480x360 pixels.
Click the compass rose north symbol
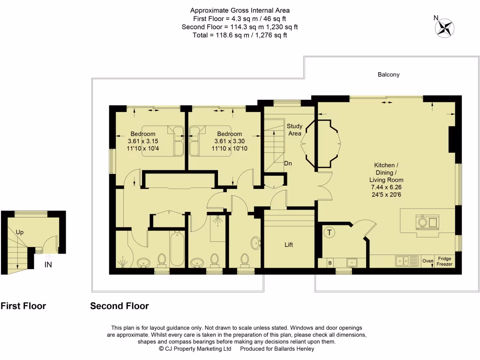click(443, 27)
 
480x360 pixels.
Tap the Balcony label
click(389, 75)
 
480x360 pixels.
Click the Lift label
click(289, 245)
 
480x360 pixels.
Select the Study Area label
click(294, 130)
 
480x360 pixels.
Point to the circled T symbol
click(330, 232)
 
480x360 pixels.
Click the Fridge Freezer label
click(444, 262)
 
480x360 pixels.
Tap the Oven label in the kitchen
click(427, 261)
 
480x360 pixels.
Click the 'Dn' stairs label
click(288, 164)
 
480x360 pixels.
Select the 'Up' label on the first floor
click(20, 232)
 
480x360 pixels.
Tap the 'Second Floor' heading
click(119, 306)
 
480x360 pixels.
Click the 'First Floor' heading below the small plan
click(23, 306)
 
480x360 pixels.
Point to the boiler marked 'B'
click(330, 263)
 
